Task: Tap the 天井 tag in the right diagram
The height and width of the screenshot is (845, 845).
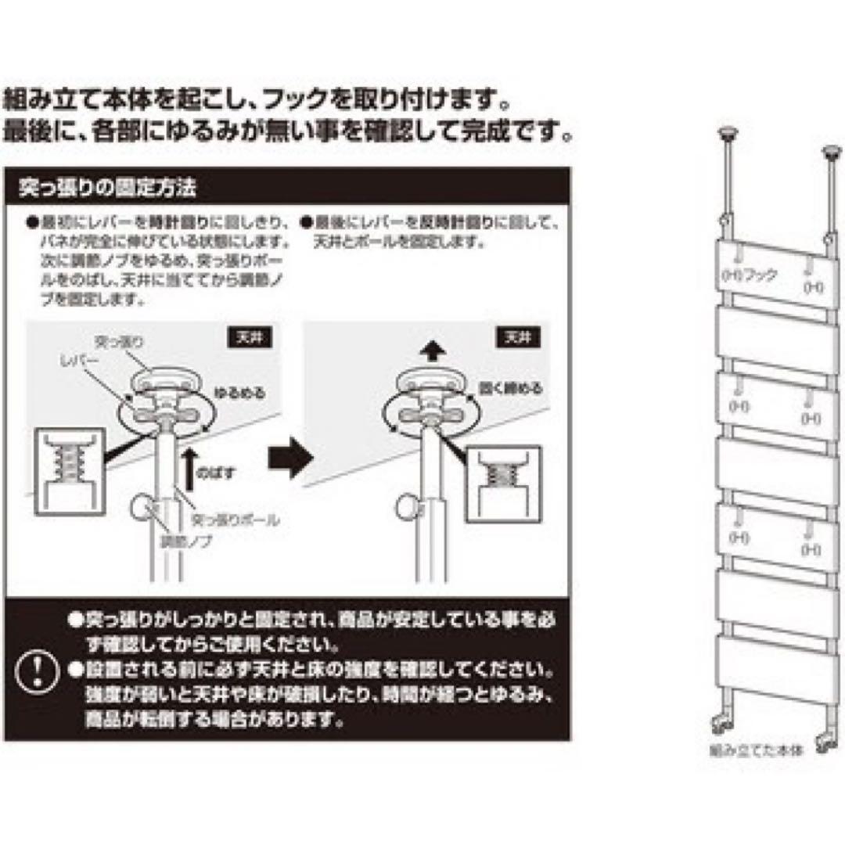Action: pos(517,338)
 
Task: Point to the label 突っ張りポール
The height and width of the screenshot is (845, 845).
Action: pos(235,519)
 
